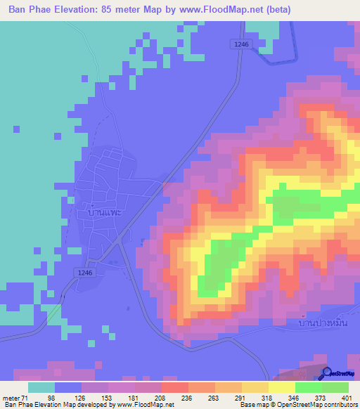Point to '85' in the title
pos(105,10)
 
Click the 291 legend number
pos(241,397)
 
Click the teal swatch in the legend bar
pos(41,387)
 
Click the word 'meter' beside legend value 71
pos(13,397)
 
